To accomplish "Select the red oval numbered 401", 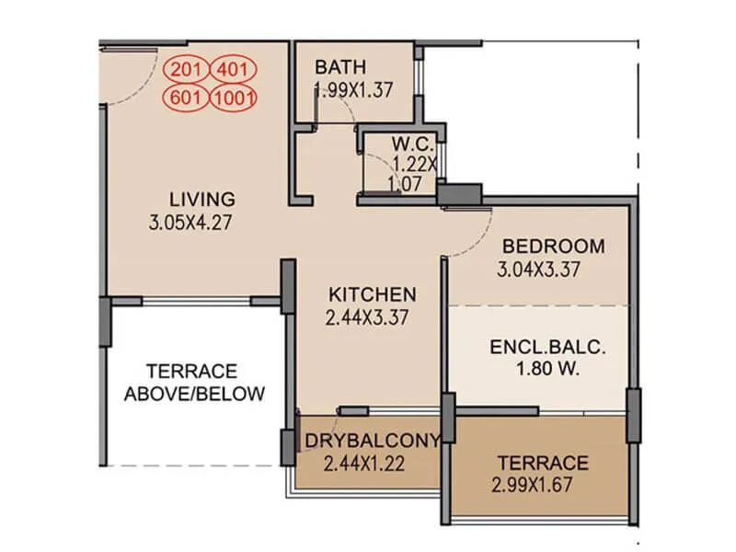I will pos(232,69).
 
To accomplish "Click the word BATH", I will pos(340,67).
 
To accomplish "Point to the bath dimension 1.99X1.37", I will pos(353,90).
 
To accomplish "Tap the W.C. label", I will pos(406,144).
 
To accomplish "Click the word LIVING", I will pos(202,199).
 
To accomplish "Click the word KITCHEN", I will pos(373,294).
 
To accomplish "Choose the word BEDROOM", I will pos(553,247).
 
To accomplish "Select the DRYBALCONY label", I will pos(373,440).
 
